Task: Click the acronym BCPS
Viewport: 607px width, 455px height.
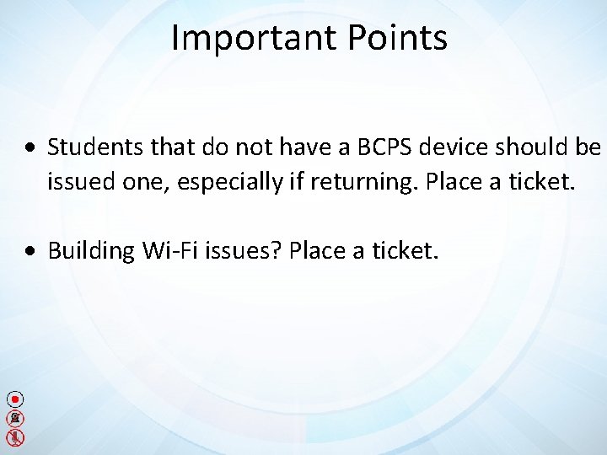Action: click(x=382, y=147)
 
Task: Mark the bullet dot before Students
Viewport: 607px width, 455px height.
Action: click(x=30, y=149)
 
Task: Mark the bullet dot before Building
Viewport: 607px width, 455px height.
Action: click(x=30, y=252)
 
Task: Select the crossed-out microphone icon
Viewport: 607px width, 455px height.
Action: click(x=15, y=437)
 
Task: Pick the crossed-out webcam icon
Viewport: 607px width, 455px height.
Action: click(x=15, y=418)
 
